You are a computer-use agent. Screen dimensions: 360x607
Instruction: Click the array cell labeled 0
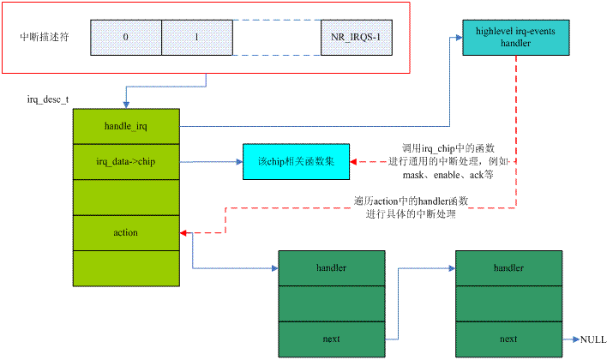[125, 39]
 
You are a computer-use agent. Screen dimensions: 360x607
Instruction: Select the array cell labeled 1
[196, 39]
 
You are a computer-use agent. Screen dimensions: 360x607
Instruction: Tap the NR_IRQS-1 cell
[354, 39]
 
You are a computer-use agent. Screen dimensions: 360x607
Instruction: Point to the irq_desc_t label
[49, 99]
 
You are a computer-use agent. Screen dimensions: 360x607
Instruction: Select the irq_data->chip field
[125, 161]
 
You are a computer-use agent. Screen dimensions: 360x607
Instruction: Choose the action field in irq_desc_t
[125, 232]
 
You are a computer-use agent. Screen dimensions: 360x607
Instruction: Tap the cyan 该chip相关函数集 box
[297, 161]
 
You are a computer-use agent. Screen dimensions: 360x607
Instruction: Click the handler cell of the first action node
[332, 268]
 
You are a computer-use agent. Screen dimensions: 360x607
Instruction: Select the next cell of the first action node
[332, 339]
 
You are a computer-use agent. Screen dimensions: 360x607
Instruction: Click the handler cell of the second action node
[509, 268]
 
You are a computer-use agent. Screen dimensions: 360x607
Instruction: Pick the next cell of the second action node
[509, 339]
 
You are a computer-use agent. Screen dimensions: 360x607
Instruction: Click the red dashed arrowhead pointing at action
[183, 232]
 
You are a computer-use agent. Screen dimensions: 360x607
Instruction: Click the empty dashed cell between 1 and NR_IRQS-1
[275, 39]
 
